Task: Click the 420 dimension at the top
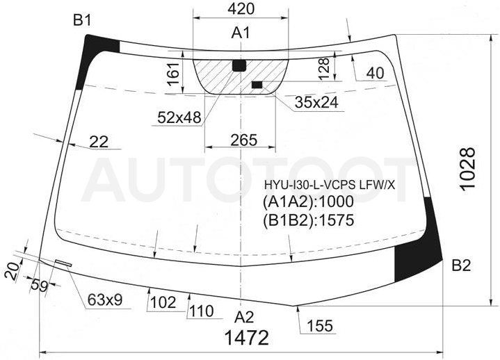pos(241,9)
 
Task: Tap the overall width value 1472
pos(247,338)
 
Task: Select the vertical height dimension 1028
pos(468,169)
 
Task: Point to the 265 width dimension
pos(243,140)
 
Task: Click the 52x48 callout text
pos(179,117)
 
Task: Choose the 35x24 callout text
pos(316,103)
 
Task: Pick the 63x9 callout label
pos(105,300)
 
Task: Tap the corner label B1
pos(82,20)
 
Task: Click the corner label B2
pos(461,265)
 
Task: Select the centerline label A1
pos(241,33)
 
